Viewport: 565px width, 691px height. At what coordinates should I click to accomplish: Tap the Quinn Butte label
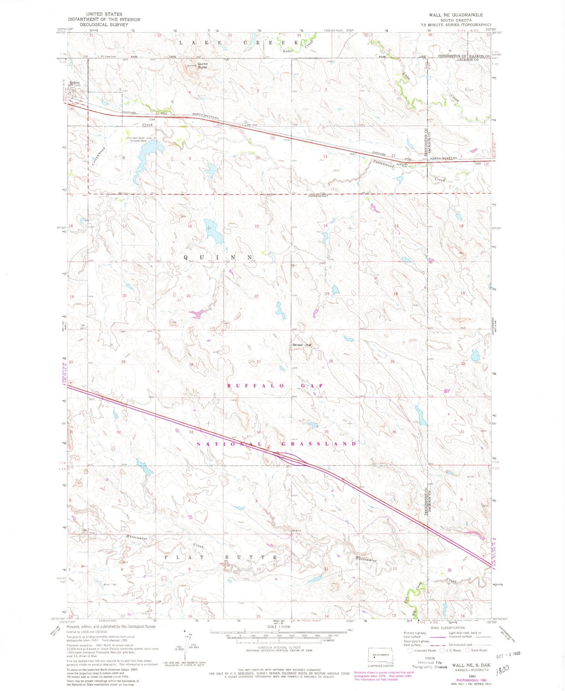coord(203,66)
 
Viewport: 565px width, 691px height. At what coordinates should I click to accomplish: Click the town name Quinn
coord(75,82)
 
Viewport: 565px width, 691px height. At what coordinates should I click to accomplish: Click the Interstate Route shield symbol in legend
coord(410,650)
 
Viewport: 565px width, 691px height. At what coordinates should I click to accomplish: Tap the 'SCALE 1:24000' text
coord(279,627)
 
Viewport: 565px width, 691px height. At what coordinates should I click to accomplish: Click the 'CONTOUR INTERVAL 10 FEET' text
coord(279,647)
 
